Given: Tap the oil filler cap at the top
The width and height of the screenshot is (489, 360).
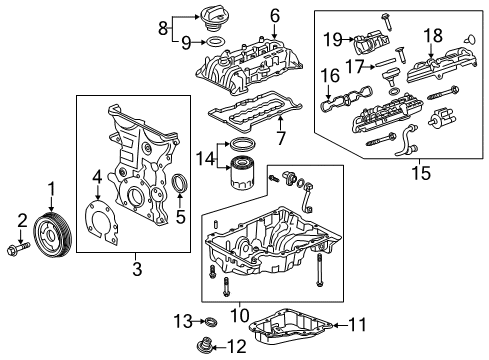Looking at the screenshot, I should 214,18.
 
